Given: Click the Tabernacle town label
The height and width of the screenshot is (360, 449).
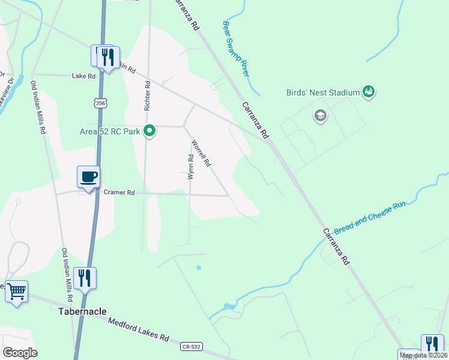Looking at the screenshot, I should point(83,311).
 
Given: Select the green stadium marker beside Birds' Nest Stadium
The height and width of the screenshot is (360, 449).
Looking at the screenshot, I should point(369,92).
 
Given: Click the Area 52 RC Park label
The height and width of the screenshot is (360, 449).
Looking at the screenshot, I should point(109,131).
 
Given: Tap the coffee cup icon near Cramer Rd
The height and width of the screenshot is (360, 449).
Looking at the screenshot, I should point(88,177).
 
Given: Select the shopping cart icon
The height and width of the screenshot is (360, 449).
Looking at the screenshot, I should point(16,292).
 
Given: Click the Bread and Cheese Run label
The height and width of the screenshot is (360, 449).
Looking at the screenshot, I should point(370,218).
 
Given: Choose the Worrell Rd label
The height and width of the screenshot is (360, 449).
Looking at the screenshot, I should point(201,154).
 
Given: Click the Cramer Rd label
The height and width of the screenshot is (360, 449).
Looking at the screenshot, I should point(119,193).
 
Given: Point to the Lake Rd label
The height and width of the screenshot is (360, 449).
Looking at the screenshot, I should point(83,76).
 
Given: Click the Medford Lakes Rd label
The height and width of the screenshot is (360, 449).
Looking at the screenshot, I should point(138,329).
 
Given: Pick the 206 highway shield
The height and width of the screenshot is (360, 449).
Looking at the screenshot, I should point(100,103).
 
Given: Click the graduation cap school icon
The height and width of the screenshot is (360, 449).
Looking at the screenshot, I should point(321,115).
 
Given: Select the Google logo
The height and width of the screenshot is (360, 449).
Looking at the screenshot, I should point(19,352).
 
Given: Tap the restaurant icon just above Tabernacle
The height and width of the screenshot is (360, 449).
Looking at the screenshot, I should point(85,278).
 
